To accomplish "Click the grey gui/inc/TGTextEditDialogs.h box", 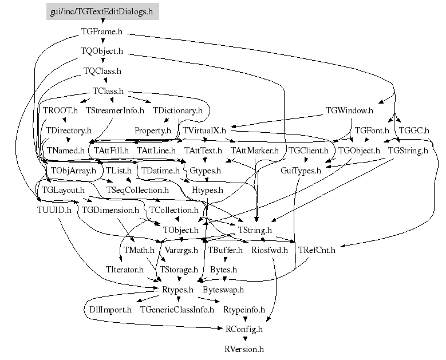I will point(102,11).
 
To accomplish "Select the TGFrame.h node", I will point(102,31).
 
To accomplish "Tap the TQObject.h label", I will point(102,51).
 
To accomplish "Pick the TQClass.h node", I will point(102,71).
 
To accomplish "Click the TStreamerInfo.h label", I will point(115,110).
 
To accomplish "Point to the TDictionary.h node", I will point(177,110).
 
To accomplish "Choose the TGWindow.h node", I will point(349,110).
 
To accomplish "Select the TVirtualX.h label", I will point(204,130).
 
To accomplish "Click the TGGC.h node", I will point(414,130).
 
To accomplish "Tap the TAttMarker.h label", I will point(254,151).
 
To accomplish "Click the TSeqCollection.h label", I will point(137,189).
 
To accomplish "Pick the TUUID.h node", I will point(50,209).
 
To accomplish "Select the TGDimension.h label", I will point(110,209).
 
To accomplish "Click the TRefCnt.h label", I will point(317,250).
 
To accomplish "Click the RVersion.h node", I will point(244,349).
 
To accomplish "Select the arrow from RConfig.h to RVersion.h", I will point(244,338).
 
